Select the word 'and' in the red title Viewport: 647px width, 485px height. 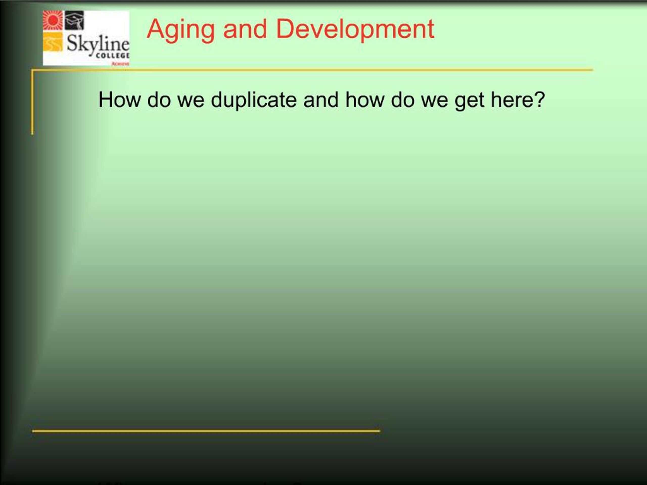(x=245, y=29)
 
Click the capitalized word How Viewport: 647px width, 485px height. (x=119, y=100)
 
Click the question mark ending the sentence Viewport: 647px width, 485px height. (x=539, y=100)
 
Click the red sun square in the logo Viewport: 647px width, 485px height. (x=53, y=20)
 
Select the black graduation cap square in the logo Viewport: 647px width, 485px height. (x=74, y=20)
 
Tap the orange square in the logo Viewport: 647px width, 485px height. (x=53, y=42)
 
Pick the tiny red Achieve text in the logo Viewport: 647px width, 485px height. (x=120, y=63)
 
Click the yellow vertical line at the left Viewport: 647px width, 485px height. (x=32, y=102)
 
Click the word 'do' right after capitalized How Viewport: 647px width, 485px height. (x=158, y=100)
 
